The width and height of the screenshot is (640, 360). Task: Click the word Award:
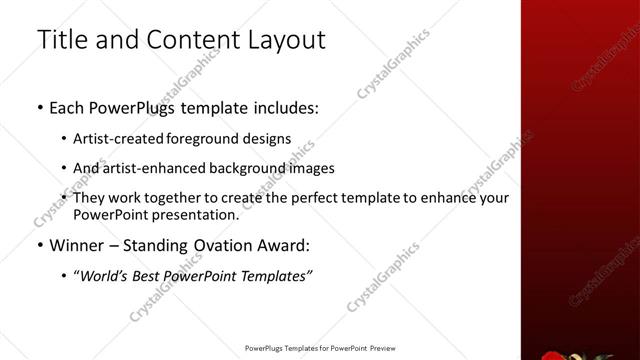[284, 245]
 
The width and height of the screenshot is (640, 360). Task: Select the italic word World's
[104, 275]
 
